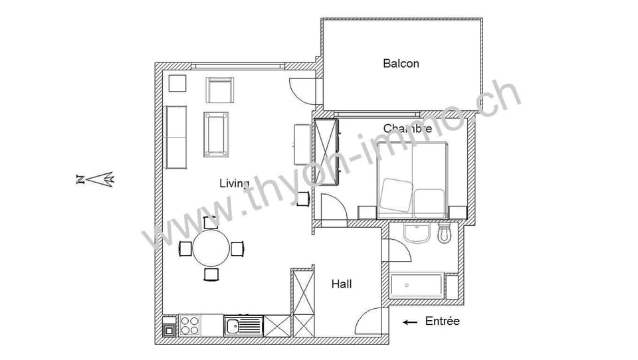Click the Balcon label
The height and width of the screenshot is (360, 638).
[401, 64]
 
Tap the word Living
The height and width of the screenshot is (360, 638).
[234, 183]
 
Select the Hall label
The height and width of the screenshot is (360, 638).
[342, 284]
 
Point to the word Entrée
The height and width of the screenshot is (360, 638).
[442, 321]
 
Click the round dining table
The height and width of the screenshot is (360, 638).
[211, 248]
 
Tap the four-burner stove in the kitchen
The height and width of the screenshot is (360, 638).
[189, 325]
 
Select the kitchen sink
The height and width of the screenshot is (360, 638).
[243, 325]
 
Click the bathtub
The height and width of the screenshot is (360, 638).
[417, 286]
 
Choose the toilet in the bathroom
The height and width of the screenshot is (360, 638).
[445, 232]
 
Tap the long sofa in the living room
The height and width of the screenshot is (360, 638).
[176, 136]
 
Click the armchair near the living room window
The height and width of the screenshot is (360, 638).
[221, 90]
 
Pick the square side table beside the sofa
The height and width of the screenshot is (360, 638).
[177, 84]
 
